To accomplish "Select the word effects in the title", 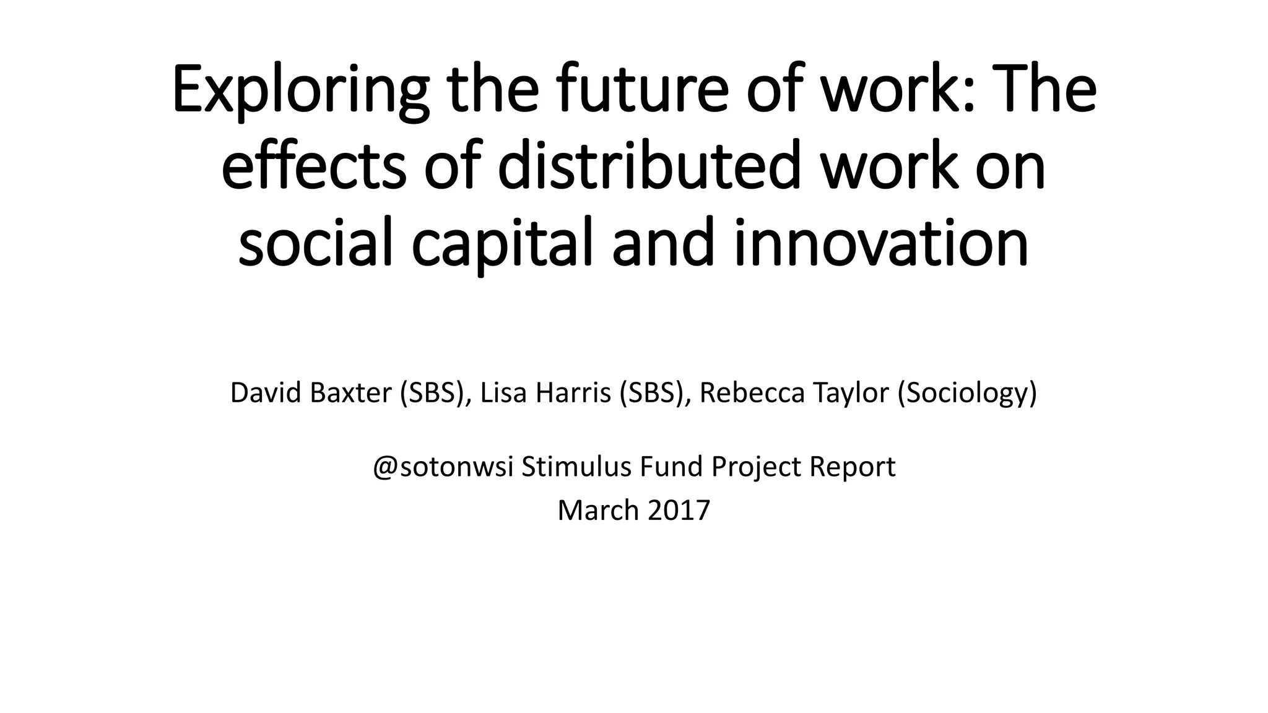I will click(x=313, y=167).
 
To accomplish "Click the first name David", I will click(x=267, y=392).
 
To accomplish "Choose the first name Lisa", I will click(x=501, y=392).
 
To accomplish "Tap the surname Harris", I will click(x=573, y=392).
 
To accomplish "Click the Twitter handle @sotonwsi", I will click(x=443, y=467).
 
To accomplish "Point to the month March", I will click(x=598, y=511).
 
